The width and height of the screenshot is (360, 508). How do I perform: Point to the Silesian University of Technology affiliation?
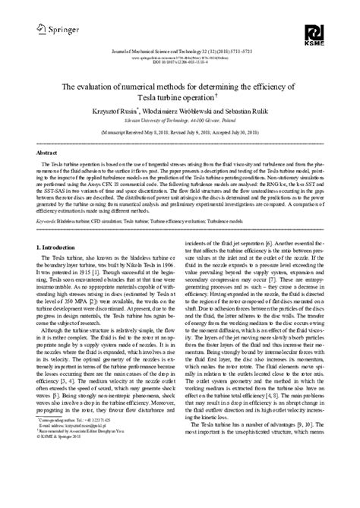coord(180,120)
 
